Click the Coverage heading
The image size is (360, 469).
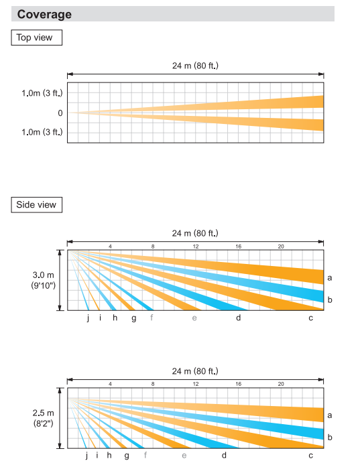pos(44,14)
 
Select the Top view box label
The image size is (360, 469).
pos(34,38)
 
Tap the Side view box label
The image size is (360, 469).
pos(36,204)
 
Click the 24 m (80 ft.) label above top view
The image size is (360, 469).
pos(195,66)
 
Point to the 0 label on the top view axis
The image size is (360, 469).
pos(60,113)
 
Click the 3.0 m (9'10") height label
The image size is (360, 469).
pos(44,280)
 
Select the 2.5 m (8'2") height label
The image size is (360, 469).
pos(44,418)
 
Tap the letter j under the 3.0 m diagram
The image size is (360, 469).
pos(88,318)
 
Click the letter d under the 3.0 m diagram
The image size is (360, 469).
pos(238,318)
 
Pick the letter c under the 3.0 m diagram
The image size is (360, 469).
pos(311,318)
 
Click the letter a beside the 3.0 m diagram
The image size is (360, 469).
pos(329,278)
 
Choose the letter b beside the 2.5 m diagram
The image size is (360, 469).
pos(330,437)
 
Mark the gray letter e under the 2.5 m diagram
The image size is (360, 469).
pos(184,456)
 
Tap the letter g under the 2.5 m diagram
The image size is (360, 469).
pos(127,456)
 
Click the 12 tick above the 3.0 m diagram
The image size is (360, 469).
pos(195,247)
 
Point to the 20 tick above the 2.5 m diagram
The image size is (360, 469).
pos(281,384)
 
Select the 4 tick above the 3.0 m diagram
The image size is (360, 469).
pos(110,247)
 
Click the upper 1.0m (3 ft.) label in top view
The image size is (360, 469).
pos(42,93)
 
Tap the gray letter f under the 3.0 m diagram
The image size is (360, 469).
pos(152,318)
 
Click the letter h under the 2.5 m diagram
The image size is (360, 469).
pos(109,455)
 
